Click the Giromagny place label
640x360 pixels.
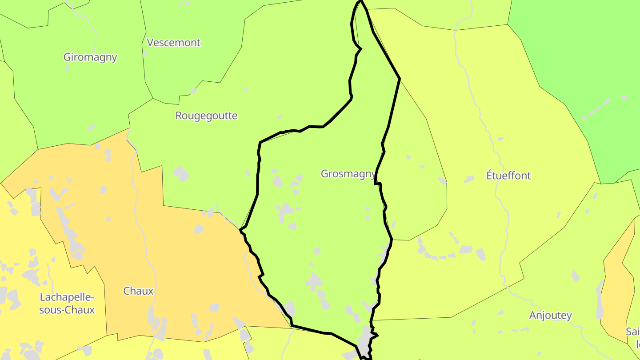tap(90, 57)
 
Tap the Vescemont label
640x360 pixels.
tap(173, 43)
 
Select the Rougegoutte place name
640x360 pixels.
tap(206, 116)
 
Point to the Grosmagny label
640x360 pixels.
tap(348, 174)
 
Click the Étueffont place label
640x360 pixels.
tap(508, 176)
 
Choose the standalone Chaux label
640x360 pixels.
tap(138, 291)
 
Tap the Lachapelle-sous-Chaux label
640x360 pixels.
tap(67, 304)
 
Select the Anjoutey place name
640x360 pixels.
tap(550, 316)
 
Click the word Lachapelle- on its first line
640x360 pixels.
tap(67, 297)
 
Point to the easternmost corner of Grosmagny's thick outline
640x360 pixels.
tap(400, 79)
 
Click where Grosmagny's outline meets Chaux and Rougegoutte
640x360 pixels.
tap(240, 229)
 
